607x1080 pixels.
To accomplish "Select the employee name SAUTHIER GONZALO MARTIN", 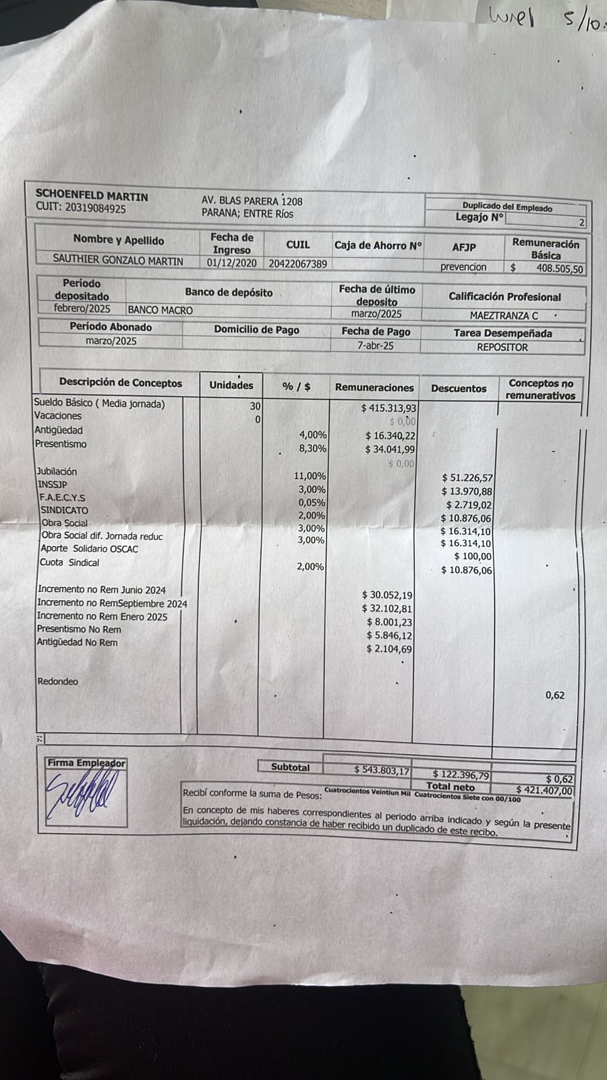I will pos(118,260).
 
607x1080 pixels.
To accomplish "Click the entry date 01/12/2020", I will pos(231,263).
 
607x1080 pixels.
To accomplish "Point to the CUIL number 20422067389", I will pos(297,264).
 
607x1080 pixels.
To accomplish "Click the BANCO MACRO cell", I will pos(160,310).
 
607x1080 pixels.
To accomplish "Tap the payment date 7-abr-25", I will pos(376,346).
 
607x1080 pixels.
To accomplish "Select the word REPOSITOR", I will pos(502,348).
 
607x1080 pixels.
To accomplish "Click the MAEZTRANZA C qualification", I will pos(504,315).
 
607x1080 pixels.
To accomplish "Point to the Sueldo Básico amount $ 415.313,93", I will pos(389,408).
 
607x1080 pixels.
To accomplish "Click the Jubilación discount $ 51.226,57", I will pos(467,478).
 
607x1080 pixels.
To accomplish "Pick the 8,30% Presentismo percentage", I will pos(312,448).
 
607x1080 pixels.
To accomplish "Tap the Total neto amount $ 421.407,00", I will pos(544,790).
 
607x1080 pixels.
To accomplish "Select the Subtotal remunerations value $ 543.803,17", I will pos(382,770).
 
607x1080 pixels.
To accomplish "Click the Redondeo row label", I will pos(58,682).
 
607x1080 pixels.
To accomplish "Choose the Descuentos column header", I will pos(459,388).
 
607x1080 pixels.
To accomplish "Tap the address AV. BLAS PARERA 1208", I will pos(252,201).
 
